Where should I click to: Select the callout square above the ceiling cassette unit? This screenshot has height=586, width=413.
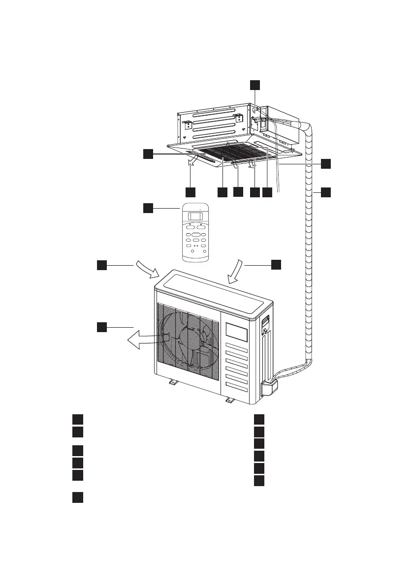pyautogui.click(x=254, y=85)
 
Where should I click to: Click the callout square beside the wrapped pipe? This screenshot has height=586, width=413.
pyautogui.click(x=326, y=192)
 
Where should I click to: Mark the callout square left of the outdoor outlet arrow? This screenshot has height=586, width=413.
pyautogui.click(x=101, y=326)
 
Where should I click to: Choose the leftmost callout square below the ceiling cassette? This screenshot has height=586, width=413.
pyautogui.click(x=191, y=192)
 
